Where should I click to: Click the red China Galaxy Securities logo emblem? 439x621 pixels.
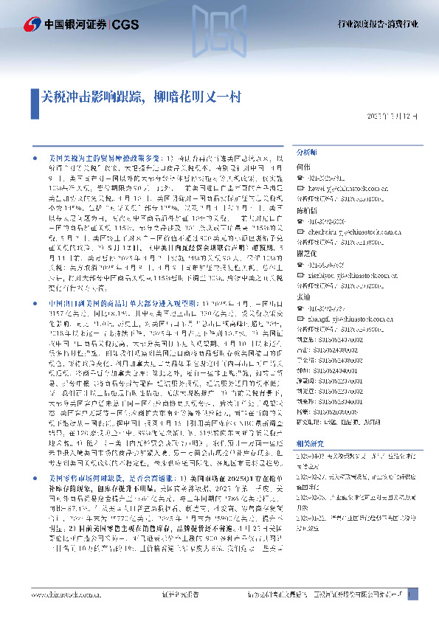(30, 24)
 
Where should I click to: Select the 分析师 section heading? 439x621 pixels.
(305, 151)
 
